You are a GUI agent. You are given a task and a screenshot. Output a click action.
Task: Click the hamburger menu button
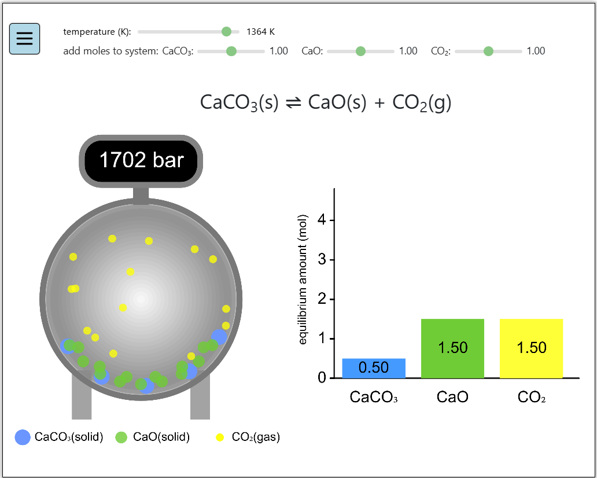pos(24,39)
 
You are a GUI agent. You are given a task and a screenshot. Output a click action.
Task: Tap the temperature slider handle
pos(226,31)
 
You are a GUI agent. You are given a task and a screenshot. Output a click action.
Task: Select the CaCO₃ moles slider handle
pos(231,51)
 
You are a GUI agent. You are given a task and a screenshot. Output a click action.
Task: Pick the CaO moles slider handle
pos(360,51)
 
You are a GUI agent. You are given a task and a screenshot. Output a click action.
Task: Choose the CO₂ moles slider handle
pos(488,51)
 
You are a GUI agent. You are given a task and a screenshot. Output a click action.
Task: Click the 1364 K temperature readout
pos(260,31)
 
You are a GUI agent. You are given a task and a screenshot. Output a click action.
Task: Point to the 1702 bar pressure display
pos(141,160)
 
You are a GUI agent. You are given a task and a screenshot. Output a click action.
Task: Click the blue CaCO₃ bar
pos(374,368)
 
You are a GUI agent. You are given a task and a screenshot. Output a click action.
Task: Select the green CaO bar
pos(452,348)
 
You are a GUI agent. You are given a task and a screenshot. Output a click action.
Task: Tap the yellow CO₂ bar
pos(531,348)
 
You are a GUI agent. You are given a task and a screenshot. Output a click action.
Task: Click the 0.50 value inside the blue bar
pos(374,367)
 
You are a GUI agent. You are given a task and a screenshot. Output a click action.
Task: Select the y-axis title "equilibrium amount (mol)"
pos(303,279)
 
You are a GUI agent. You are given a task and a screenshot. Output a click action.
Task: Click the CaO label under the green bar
pos(452,397)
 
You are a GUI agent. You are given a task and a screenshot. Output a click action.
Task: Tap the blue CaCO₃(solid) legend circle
pos(23,437)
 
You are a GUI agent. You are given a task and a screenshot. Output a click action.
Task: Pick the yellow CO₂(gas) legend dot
pos(220,437)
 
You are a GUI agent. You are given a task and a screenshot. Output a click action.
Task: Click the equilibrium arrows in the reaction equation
pos(293,102)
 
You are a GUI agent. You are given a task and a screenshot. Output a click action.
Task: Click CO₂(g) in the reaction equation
pos(422,102)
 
